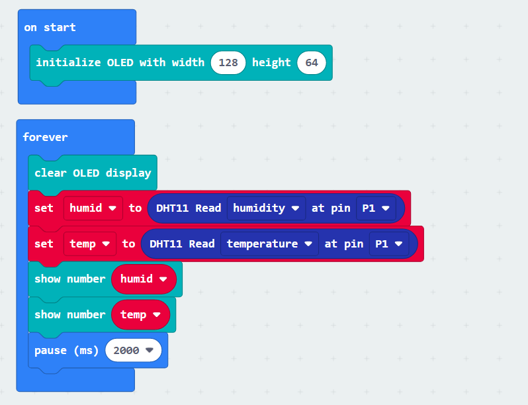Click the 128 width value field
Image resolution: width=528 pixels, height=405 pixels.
coord(228,63)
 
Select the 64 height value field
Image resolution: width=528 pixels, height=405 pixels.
coord(312,63)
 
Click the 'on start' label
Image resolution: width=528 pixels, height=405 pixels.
coord(50,27)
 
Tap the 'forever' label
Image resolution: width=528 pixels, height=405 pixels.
coord(45,137)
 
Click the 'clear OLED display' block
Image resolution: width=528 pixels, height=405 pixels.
coord(93,173)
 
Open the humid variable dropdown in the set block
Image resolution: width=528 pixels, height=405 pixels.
coord(93,208)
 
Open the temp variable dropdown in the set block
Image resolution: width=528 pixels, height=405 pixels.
coord(89,244)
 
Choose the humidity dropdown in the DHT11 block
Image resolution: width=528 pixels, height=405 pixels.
coord(266,208)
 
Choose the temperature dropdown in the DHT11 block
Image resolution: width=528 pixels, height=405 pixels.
coord(269,244)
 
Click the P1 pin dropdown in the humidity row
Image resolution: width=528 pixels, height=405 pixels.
coord(376,208)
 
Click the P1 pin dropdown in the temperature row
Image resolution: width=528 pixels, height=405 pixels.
coord(389,244)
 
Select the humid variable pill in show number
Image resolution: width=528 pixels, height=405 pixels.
coord(144,279)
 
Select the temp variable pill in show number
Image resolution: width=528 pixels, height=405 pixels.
coord(140,315)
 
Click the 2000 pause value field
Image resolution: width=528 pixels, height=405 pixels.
coord(134,351)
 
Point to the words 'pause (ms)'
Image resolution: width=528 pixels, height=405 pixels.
coord(66,351)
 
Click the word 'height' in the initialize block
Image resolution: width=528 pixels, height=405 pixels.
coord(271,63)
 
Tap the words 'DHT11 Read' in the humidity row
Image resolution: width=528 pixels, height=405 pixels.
coord(189,208)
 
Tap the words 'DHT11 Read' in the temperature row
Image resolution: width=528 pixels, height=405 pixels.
coord(182,244)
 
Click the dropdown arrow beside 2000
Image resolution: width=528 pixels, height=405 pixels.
coord(150,351)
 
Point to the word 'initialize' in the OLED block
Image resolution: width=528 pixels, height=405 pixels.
coord(68,63)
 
